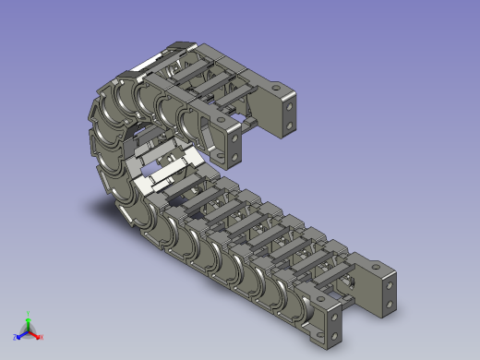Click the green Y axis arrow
28,318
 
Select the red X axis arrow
36,334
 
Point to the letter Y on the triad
28,312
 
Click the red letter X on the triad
42,337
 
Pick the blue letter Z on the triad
15,338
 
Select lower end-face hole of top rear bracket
292,123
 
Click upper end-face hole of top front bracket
235,138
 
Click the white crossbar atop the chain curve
148,62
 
